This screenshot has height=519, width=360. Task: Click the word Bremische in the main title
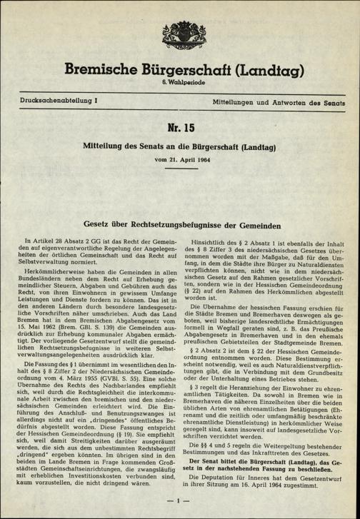pos(106,71)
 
